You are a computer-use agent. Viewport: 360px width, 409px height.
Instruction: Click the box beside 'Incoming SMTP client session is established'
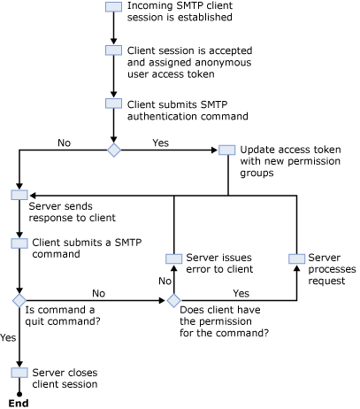tap(113, 7)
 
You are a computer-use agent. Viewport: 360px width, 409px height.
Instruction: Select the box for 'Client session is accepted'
tap(113, 50)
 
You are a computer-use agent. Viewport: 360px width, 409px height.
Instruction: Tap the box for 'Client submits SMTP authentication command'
tap(113, 104)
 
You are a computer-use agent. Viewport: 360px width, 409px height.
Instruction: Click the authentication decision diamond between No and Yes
tap(113, 150)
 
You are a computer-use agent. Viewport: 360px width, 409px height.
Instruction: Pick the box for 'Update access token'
tap(227, 150)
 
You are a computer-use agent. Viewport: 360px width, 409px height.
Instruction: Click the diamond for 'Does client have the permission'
tap(173, 301)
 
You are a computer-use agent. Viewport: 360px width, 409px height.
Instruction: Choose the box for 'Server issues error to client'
tap(173, 258)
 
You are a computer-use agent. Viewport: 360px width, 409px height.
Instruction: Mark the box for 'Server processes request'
tap(296, 258)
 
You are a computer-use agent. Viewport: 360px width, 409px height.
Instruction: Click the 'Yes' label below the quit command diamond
tap(8, 337)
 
